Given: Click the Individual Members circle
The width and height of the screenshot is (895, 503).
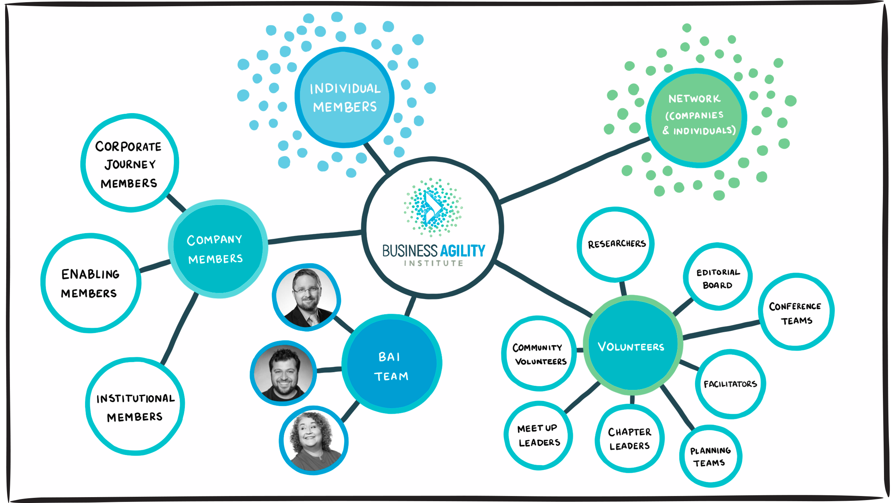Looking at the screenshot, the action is click(x=344, y=98).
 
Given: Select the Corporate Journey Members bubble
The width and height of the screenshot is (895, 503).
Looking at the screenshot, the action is click(x=129, y=163).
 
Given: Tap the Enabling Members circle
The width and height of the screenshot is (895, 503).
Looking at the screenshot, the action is click(x=91, y=283).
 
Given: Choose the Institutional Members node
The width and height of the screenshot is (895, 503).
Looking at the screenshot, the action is click(x=135, y=406).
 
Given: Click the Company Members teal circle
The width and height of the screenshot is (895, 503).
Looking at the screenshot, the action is click(x=218, y=249).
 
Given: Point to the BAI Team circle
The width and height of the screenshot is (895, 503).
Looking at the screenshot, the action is click(x=392, y=364).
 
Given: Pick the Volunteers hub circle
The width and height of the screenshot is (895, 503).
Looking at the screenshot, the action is click(x=632, y=345).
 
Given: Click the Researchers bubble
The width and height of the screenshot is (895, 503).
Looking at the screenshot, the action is click(x=615, y=245).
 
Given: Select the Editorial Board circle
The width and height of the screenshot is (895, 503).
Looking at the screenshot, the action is click(x=718, y=277).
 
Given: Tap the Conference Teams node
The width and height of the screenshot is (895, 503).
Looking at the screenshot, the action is click(x=796, y=312).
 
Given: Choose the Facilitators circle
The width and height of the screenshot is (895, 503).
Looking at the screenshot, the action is click(x=730, y=384).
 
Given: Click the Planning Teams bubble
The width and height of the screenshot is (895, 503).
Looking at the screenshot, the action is click(x=710, y=456).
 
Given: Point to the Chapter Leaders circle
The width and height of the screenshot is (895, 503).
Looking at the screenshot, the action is click(x=629, y=438).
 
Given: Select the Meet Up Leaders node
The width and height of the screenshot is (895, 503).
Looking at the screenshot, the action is click(x=538, y=435).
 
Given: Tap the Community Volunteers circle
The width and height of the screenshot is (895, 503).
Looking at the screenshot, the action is click(x=539, y=353).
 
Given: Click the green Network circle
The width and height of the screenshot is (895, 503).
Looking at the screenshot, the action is click(x=696, y=118).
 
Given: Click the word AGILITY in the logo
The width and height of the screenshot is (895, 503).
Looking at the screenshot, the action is click(x=463, y=251).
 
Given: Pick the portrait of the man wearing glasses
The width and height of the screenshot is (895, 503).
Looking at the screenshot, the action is click(x=307, y=297).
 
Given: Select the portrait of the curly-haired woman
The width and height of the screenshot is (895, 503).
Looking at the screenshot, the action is click(x=314, y=440).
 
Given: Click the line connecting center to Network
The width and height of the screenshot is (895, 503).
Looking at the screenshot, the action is click(x=574, y=171).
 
